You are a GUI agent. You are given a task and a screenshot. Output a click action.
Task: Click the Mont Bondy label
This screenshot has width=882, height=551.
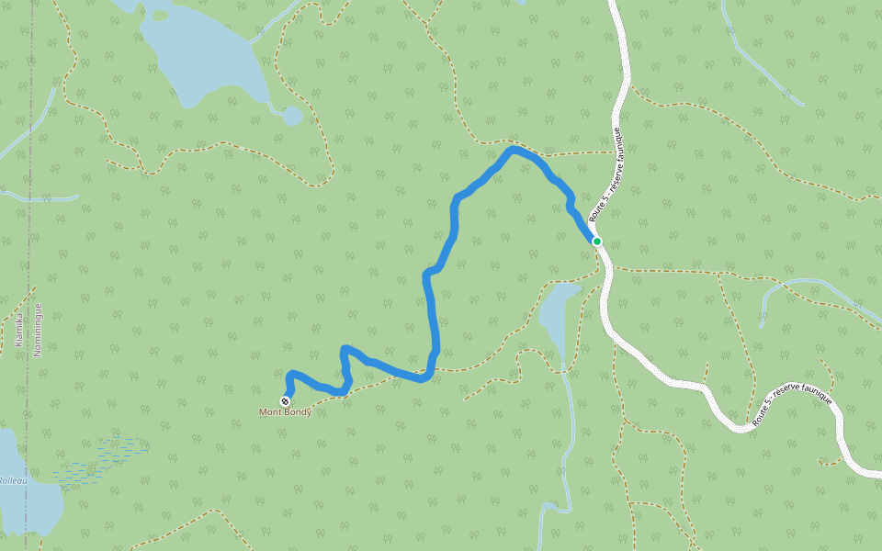285,412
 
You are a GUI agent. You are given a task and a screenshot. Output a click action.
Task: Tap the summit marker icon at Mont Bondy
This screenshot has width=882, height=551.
286,401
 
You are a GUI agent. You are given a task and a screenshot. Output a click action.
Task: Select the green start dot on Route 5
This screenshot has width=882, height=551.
596,242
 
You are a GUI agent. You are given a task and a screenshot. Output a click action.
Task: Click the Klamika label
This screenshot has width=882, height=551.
18,329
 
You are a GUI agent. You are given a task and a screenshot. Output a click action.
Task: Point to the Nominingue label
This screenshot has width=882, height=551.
38,329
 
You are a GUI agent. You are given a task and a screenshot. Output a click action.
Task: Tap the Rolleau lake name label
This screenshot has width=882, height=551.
10,480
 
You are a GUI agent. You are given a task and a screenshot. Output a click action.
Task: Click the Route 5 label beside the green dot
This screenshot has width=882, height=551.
605,174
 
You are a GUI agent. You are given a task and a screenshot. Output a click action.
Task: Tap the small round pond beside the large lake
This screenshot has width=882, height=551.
292,116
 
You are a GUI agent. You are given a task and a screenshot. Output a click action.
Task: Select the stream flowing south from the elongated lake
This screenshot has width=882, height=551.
569,432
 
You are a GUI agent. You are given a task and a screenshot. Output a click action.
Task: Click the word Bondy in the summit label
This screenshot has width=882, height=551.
298,412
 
